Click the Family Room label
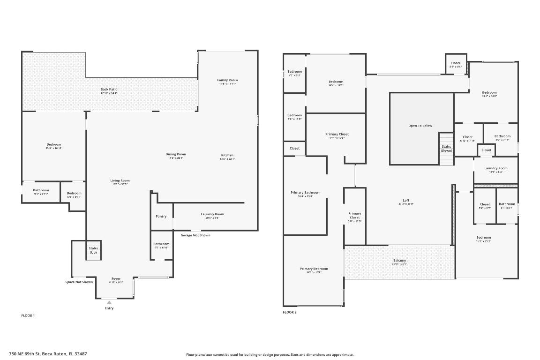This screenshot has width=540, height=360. (x=227, y=80)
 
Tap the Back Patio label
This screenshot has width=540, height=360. (x=109, y=89)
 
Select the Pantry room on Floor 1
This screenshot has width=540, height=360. (x=161, y=216)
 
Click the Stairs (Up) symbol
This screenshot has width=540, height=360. (x=93, y=250)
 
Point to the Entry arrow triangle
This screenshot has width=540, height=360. (x=109, y=302)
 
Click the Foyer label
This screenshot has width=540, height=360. (x=116, y=279)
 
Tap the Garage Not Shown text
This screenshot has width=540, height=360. (x=195, y=235)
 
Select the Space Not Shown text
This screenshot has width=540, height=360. (x=79, y=282)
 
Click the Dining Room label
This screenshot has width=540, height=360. (x=175, y=154)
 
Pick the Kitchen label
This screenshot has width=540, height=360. (x=227, y=155)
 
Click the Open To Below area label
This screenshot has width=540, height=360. (x=420, y=126)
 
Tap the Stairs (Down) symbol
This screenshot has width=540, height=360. (x=446, y=149)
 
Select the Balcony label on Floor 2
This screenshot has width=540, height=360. (x=399, y=261)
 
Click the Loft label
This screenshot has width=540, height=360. (x=406, y=200)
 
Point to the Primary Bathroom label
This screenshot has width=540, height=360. (x=305, y=193)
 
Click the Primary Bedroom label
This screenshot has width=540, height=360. (x=314, y=269)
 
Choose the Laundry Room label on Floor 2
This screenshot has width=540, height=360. (x=495, y=168)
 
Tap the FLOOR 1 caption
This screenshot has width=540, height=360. (x=28, y=315)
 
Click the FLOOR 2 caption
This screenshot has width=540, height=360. (x=289, y=312)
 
